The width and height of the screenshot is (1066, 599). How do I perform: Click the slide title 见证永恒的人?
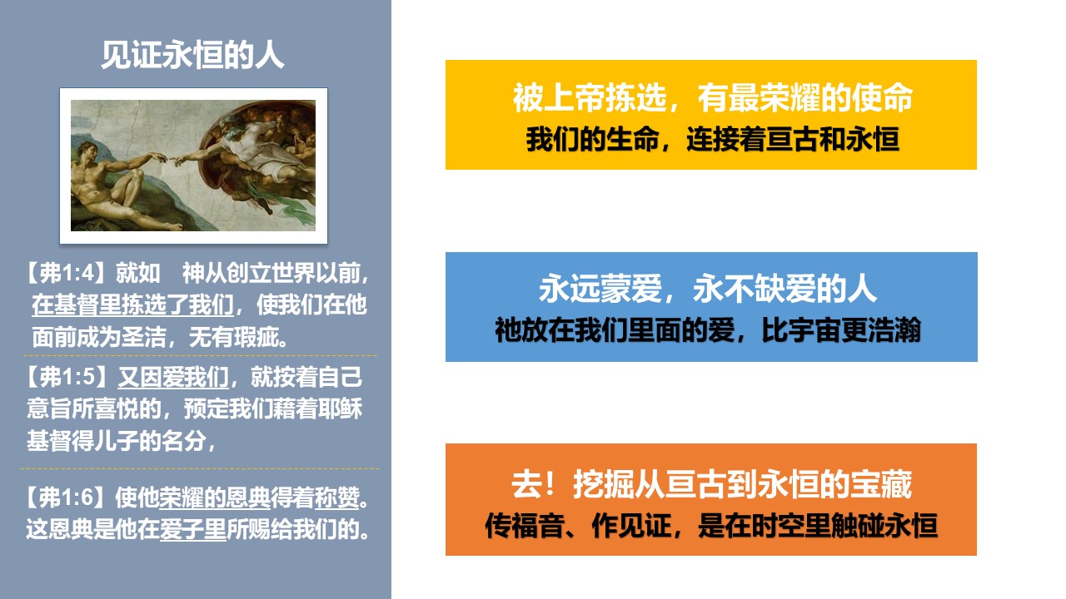pyautogui.click(x=192, y=56)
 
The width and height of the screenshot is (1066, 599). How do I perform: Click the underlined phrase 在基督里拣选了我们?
pyautogui.click(x=132, y=304)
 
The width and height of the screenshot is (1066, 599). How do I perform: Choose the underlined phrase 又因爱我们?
pyautogui.click(x=173, y=377)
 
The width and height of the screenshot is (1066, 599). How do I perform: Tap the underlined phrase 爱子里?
pyautogui.click(x=192, y=529)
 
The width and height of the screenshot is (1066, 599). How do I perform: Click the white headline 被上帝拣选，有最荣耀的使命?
pyautogui.click(x=712, y=97)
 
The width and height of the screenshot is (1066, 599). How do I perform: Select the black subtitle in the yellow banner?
pyautogui.click(x=712, y=139)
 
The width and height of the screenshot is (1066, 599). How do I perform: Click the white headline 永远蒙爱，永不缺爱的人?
pyautogui.click(x=708, y=289)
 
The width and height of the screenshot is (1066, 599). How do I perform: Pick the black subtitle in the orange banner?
pyautogui.click(x=711, y=526)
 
